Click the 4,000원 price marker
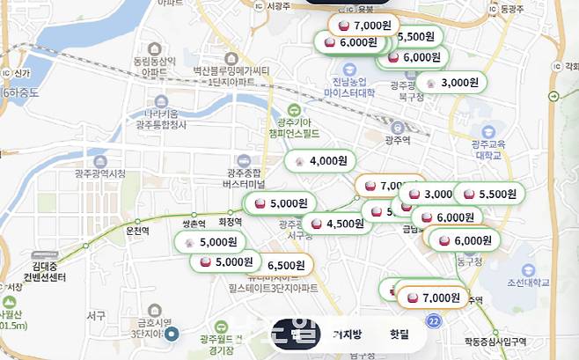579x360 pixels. point(322,161)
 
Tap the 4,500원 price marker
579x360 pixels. point(338,224)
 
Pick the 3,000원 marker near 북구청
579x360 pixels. point(452,83)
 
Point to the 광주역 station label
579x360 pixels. point(399,139)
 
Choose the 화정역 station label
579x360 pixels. point(229,223)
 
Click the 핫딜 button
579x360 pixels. point(399,334)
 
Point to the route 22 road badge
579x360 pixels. point(433,323)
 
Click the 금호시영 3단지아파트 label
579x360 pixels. point(154,327)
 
